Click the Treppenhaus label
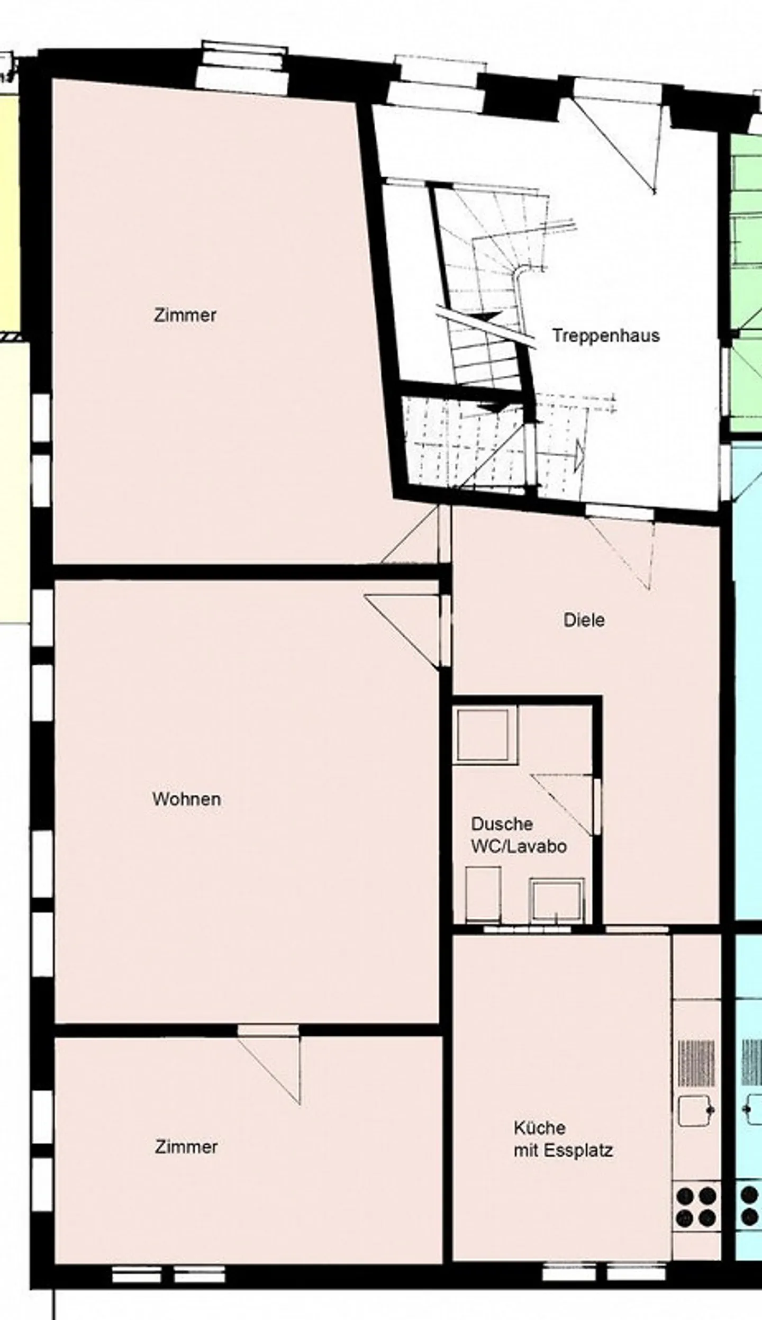[606, 336]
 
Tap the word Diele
[584, 620]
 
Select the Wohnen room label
[186, 799]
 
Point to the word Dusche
[502, 824]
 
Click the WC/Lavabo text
[519, 846]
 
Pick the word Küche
[539, 1127]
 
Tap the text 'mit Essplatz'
[563, 1150]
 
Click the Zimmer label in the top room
[185, 315]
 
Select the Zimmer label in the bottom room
[186, 1146]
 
